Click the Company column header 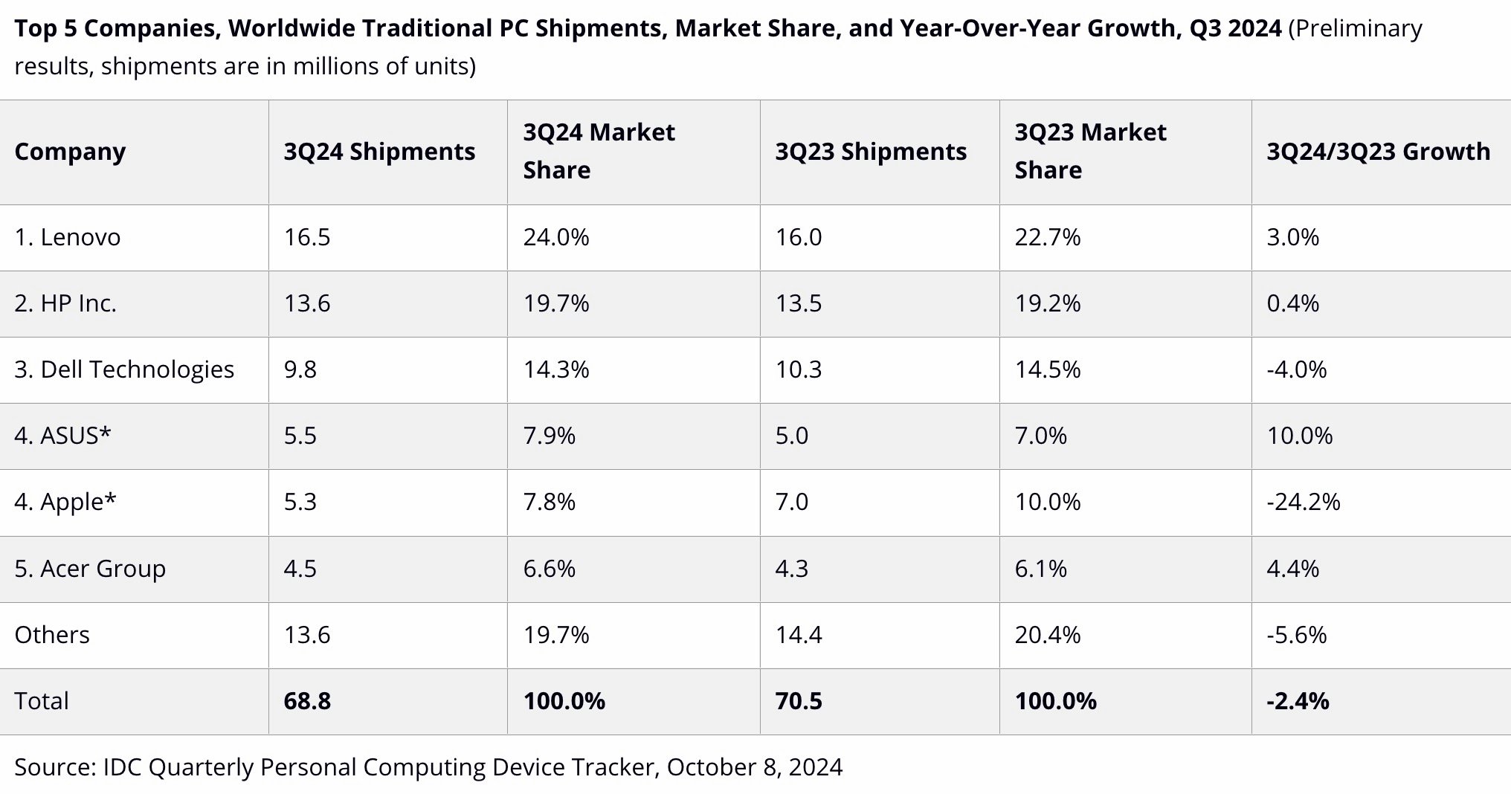(x=70, y=152)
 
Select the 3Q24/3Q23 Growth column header (x=1378, y=152)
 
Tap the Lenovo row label (x=67, y=237)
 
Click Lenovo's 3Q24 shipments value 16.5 (x=306, y=237)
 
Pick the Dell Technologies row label (x=124, y=369)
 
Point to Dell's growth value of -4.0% (x=1296, y=369)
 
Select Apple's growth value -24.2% (x=1303, y=502)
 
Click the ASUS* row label (x=62, y=436)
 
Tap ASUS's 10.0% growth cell (x=1299, y=436)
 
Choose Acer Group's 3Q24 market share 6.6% (x=549, y=569)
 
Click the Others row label (x=52, y=635)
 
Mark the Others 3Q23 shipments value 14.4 (x=799, y=635)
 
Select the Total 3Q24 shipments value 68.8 (x=306, y=701)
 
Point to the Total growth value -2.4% (x=1298, y=701)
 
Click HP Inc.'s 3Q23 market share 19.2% (x=1047, y=303)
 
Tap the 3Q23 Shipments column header (x=871, y=152)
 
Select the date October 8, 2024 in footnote (x=755, y=766)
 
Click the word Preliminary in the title (x=1355, y=28)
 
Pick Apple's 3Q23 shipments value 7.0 (x=791, y=502)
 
